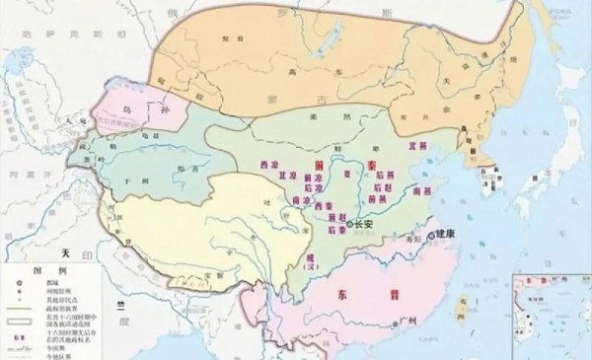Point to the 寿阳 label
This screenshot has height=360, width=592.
tap(411, 238)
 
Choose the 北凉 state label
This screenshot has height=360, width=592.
tap(262, 176)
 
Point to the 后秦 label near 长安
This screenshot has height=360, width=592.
tap(333, 229)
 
